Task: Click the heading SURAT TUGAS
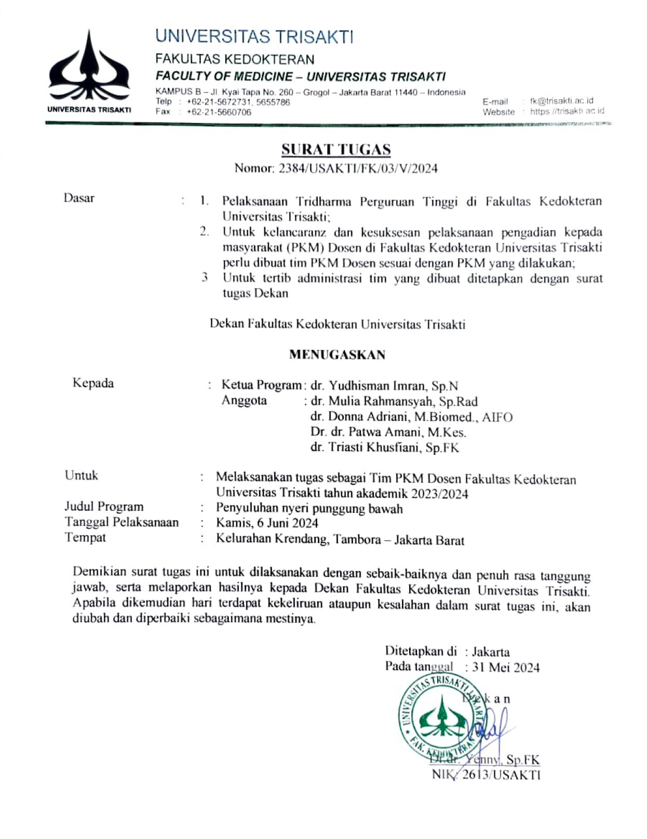pyautogui.click(x=336, y=150)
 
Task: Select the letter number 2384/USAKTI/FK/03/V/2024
pyautogui.click(x=358, y=168)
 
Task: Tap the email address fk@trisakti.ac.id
pyautogui.click(x=561, y=101)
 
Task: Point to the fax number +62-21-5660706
pyautogui.click(x=219, y=112)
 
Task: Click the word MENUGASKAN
pyautogui.click(x=337, y=355)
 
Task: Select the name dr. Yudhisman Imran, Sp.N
pyautogui.click(x=384, y=386)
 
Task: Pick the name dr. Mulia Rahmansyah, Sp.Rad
pyautogui.click(x=394, y=401)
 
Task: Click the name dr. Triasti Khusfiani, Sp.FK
pyautogui.click(x=384, y=448)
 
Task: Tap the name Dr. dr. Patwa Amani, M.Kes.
pyautogui.click(x=388, y=432)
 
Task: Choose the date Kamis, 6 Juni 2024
pyautogui.click(x=267, y=523)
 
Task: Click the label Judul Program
pyautogui.click(x=104, y=507)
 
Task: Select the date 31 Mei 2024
pyautogui.click(x=506, y=668)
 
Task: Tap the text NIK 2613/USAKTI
pyautogui.click(x=486, y=775)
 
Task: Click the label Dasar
pyautogui.click(x=79, y=198)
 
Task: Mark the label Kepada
pyautogui.click(x=93, y=383)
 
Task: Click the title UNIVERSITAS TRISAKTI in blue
pyautogui.click(x=254, y=37)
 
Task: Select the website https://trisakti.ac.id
pyautogui.click(x=567, y=111)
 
